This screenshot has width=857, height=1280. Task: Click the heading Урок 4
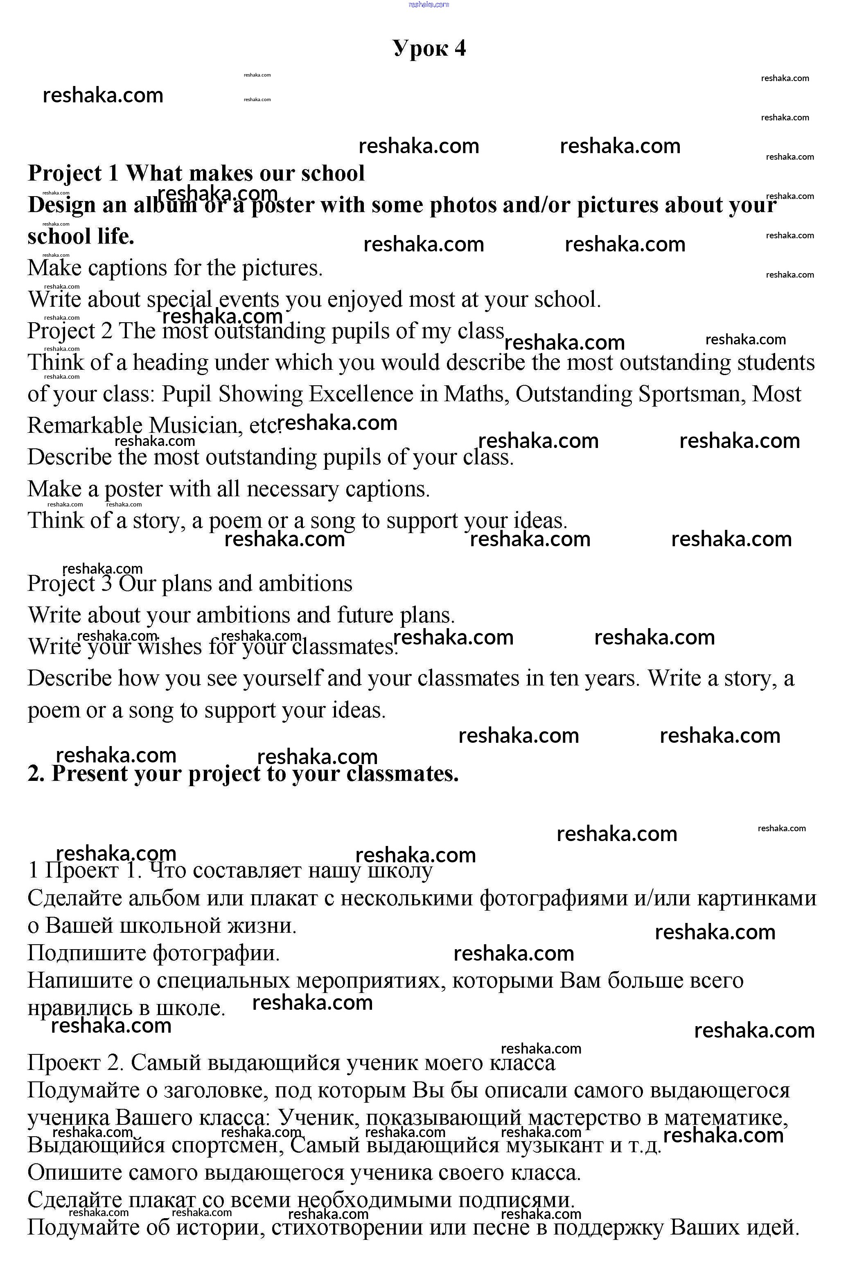click(429, 48)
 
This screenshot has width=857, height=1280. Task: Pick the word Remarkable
click(85, 425)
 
